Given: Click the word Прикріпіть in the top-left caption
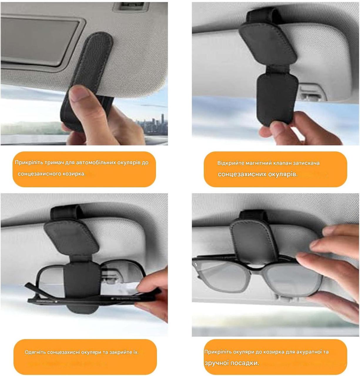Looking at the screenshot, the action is (29, 162).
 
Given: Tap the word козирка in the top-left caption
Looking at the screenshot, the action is (76, 174).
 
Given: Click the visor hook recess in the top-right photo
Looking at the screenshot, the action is (313, 93).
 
